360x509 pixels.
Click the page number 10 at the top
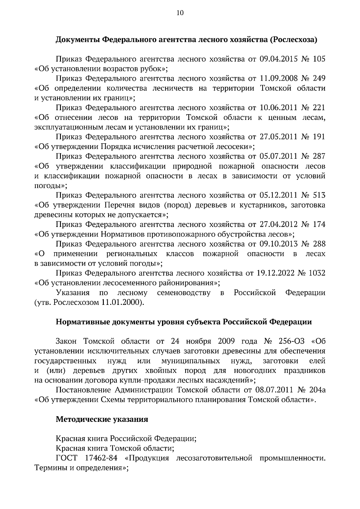point(180,13)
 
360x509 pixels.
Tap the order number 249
point(319,79)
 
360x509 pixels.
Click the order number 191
point(319,137)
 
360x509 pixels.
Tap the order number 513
point(319,195)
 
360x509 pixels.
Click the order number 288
point(319,244)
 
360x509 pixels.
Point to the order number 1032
point(316,273)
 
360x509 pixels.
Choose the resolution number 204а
point(316,390)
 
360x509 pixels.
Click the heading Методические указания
point(102,419)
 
